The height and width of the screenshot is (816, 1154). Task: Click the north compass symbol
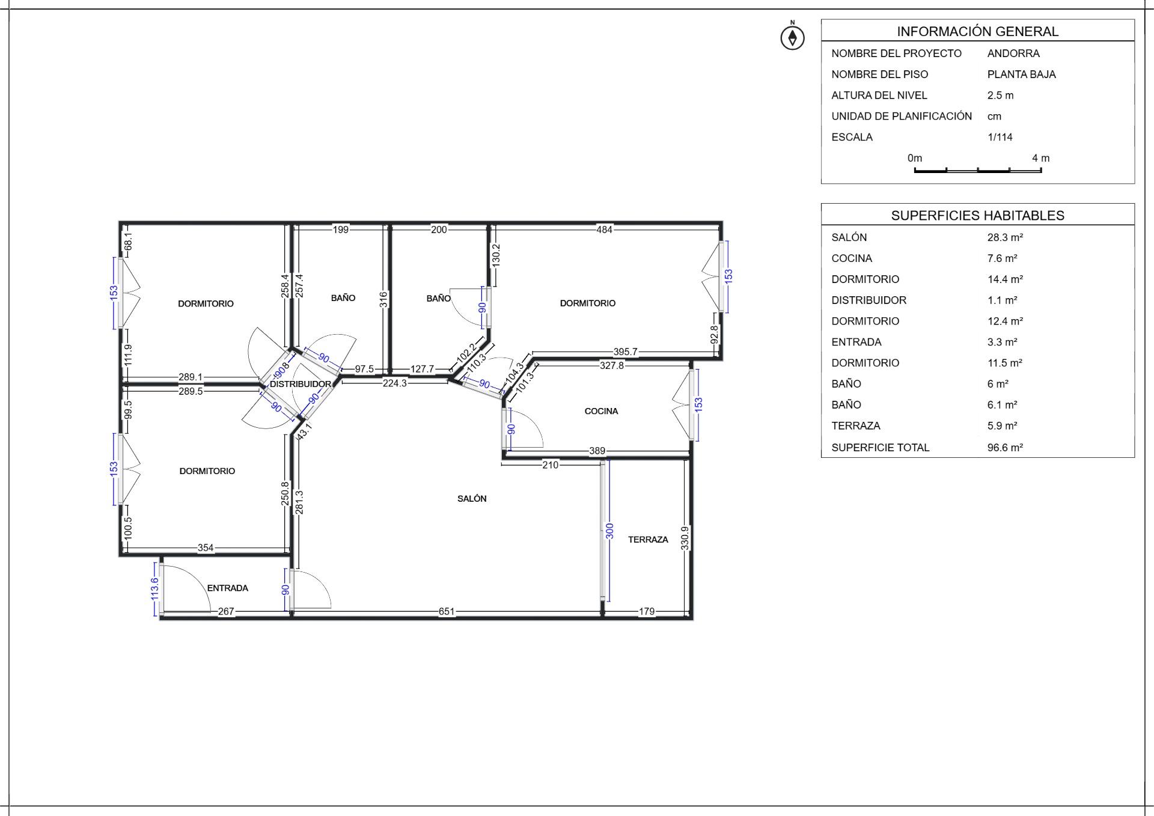click(792, 37)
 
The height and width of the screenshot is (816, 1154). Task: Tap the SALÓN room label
click(472, 499)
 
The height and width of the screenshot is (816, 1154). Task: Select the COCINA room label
click(601, 411)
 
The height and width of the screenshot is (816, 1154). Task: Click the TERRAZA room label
click(648, 540)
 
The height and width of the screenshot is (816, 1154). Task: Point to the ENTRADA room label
click(227, 588)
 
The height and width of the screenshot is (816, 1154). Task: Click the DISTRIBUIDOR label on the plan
click(300, 384)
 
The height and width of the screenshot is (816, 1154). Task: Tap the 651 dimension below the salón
click(447, 612)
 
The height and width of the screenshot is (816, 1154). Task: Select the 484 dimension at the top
click(604, 230)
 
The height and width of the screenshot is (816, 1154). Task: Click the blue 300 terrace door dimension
click(609, 531)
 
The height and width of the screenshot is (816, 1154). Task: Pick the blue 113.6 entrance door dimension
click(154, 589)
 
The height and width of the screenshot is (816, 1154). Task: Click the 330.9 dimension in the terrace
click(685, 538)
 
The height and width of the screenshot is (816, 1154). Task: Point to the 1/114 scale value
click(1000, 137)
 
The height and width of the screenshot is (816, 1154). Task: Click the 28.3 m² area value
click(1005, 237)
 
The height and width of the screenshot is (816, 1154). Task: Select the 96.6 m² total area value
click(1005, 447)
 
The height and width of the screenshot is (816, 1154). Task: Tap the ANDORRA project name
click(1013, 53)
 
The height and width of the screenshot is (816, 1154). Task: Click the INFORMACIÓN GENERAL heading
click(978, 31)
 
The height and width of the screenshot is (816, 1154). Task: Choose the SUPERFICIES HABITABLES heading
click(978, 215)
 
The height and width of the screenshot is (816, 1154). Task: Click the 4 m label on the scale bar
click(1041, 158)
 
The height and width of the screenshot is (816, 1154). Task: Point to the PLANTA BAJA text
click(1022, 75)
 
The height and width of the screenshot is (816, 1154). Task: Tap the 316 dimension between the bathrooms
click(383, 300)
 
